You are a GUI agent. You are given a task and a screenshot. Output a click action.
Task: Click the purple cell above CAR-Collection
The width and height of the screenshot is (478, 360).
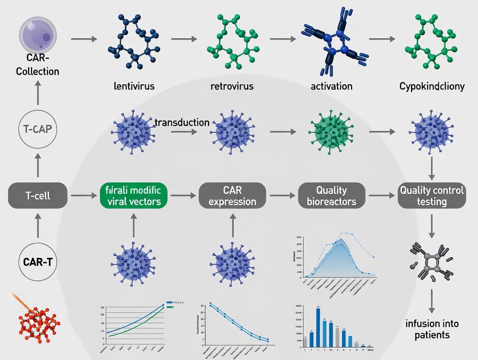[37, 35]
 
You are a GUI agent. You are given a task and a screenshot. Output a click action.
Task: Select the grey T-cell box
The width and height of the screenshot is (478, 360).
[38, 196]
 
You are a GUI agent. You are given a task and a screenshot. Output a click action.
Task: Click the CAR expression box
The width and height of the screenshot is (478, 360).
[233, 196]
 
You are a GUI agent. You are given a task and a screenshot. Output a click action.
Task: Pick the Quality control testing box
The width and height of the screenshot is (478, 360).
[432, 196]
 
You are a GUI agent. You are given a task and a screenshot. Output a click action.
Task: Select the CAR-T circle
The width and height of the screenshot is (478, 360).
[37, 261]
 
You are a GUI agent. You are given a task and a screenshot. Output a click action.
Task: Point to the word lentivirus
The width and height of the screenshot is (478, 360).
[134, 86]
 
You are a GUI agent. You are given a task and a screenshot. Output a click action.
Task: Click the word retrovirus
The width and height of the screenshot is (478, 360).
[232, 86]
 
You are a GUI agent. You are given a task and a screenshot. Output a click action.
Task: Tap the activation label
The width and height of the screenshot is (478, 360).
[332, 86]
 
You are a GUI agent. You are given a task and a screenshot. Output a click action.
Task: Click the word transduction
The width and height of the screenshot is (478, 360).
[182, 122]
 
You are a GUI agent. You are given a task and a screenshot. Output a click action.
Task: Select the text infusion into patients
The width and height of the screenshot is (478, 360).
[432, 329]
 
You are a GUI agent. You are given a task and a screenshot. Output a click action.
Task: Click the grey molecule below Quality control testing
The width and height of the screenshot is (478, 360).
[431, 262]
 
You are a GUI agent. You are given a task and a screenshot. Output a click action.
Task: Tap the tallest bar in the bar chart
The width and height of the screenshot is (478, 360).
[318, 328]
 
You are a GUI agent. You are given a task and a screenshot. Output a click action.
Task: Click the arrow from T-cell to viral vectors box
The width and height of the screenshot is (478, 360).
[84, 196]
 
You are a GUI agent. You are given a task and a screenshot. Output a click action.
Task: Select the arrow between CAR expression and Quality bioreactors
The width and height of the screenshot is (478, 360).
[281, 196]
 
